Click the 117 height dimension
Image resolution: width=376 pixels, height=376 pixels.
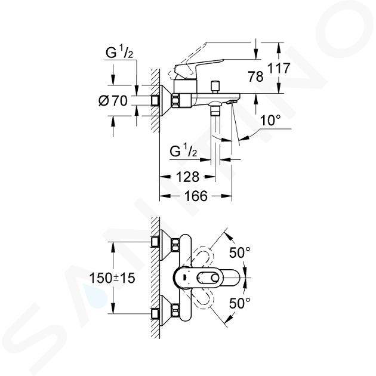click(279, 68)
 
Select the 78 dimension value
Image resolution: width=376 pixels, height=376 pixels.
click(255, 77)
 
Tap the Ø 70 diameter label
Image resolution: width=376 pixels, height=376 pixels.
click(113, 101)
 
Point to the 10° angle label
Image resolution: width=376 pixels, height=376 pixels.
click(270, 120)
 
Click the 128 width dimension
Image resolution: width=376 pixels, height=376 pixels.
click(187, 177)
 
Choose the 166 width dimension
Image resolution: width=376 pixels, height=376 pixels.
click(196, 196)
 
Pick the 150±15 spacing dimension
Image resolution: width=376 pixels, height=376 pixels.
click(112, 278)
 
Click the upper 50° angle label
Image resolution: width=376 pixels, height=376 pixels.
click(239, 252)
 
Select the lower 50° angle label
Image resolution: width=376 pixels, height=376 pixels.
click(239, 303)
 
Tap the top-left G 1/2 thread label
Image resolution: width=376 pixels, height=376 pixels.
click(119, 53)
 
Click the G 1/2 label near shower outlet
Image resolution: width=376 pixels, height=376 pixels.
click(183, 152)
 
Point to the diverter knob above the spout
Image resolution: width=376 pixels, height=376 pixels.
click(215, 87)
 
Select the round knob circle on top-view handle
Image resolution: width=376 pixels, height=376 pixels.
click(215, 278)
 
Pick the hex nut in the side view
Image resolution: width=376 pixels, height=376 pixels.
click(175, 101)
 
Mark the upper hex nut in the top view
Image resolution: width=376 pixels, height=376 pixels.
click(175, 245)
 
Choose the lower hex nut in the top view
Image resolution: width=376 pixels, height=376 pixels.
click(175, 310)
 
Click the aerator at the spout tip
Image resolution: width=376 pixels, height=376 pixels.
click(232, 102)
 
